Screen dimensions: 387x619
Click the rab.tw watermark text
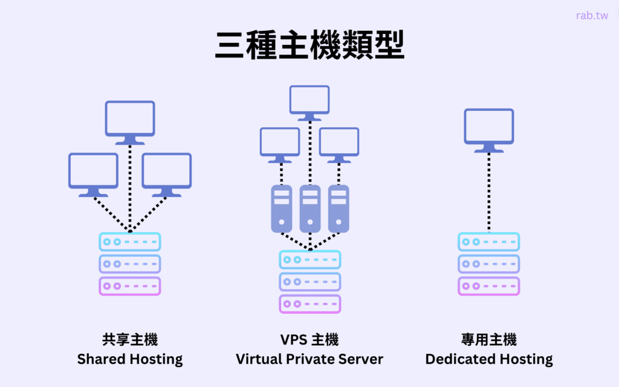point(592,16)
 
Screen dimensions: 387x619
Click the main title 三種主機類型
point(309,45)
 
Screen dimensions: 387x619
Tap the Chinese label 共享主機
point(130,339)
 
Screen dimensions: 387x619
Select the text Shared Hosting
point(130,359)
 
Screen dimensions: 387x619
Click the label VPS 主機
point(309,339)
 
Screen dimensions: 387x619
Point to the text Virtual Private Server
point(309,359)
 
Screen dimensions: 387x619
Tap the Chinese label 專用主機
point(489,339)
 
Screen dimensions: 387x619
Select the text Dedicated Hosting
point(489,359)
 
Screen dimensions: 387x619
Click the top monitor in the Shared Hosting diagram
point(130,119)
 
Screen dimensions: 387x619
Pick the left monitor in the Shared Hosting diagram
point(93,171)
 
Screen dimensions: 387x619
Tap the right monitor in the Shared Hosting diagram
point(167,171)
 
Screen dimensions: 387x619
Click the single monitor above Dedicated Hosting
point(489,127)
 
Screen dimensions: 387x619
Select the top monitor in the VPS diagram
point(309,100)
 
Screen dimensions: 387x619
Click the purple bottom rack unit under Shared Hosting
point(130,286)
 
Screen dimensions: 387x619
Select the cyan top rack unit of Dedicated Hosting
point(489,242)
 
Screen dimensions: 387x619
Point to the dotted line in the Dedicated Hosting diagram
point(489,191)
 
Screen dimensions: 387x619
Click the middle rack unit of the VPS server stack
point(309,282)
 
